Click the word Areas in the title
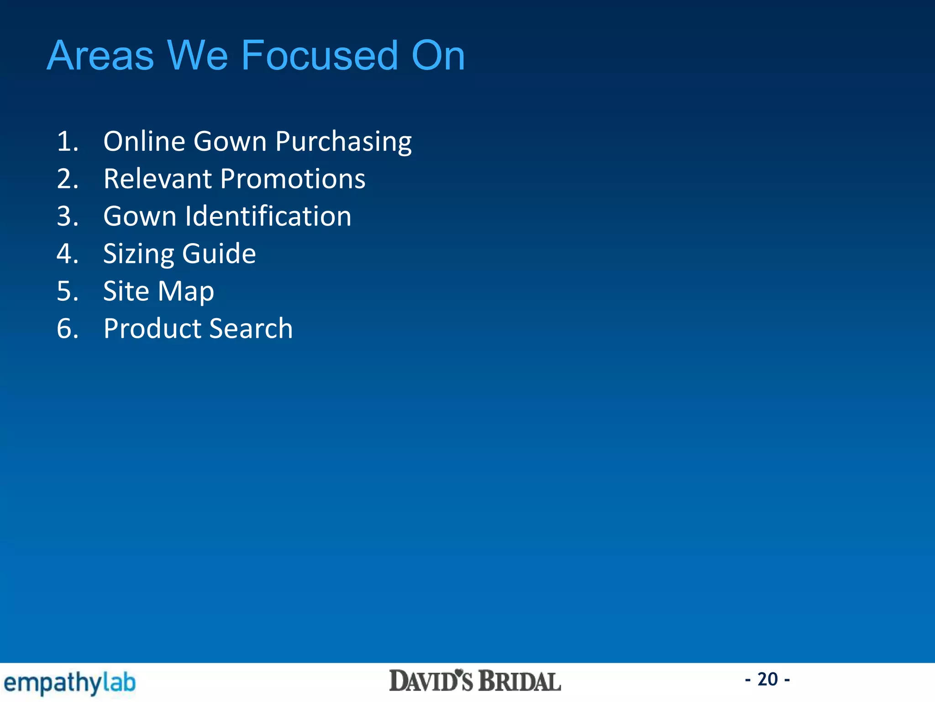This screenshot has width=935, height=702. coord(100,56)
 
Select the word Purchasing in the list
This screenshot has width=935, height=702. coord(343,142)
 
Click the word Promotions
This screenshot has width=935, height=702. coord(293,179)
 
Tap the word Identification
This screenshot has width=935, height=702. coord(268,216)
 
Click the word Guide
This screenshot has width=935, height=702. coord(219,254)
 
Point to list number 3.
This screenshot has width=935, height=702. coord(67,217)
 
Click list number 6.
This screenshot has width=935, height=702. coord(67,329)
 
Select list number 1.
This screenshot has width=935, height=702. coord(67,141)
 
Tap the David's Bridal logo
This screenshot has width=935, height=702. coord(475,681)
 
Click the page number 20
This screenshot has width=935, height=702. coord(767,679)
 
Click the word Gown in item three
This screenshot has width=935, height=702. coord(139,216)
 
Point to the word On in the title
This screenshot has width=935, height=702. coord(437,56)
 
